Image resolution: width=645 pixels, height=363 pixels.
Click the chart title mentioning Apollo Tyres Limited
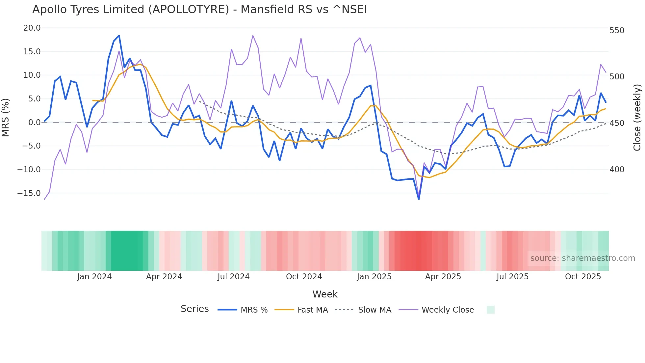199,10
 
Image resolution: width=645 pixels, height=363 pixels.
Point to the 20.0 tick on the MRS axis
32,28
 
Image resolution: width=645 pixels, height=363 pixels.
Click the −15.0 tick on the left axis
29,193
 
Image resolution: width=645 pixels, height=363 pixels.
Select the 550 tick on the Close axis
617,31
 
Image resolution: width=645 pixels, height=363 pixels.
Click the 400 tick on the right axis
617,170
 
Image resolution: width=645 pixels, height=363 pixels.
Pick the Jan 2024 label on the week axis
94,277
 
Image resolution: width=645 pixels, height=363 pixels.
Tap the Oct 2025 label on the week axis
583,277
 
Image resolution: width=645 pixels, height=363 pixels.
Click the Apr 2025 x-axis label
443,277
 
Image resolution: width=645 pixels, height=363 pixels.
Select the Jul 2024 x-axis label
233,277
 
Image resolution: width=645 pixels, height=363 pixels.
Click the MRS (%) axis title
6,117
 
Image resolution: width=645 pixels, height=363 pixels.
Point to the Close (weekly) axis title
637,117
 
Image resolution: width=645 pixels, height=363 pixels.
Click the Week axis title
325,294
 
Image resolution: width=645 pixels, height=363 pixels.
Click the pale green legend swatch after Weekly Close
490,310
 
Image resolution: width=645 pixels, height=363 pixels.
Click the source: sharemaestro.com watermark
582,258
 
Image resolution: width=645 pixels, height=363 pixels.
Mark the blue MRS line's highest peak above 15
119,36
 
